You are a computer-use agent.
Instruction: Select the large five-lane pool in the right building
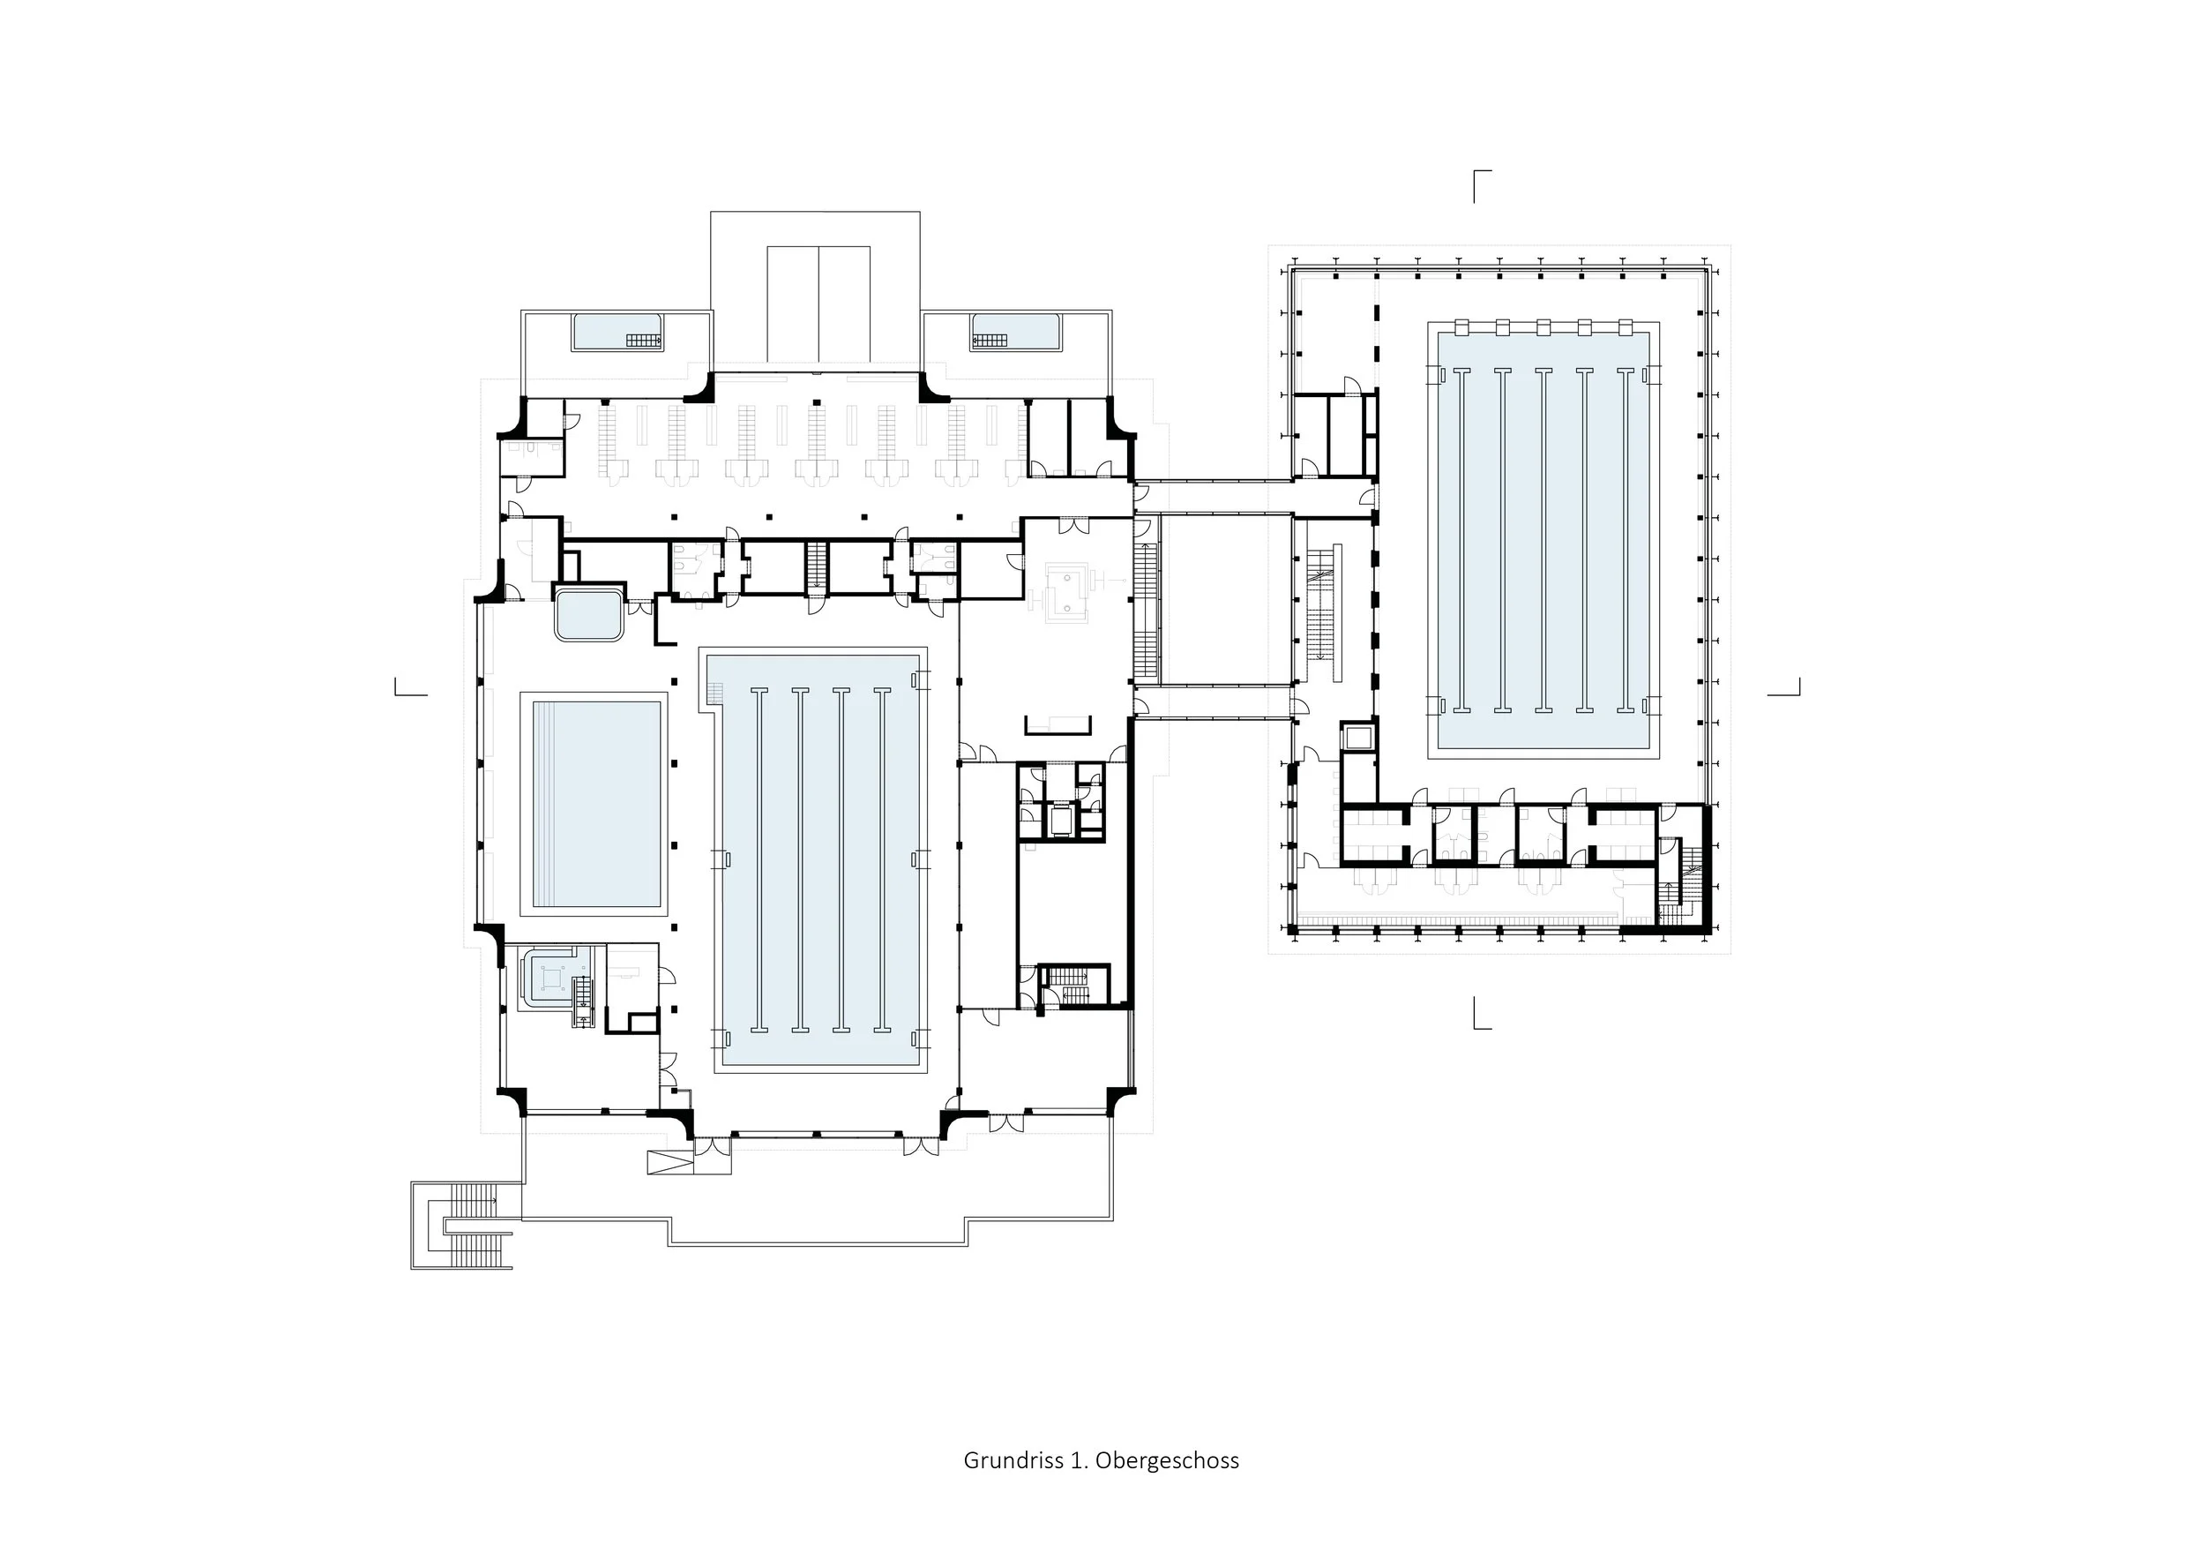click(1543, 541)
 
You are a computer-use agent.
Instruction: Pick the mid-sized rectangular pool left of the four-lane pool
click(594, 804)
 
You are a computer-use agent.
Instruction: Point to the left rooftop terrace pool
click(617, 332)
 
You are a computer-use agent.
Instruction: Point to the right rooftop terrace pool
click(1015, 332)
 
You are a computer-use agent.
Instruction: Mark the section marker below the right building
click(1481, 1014)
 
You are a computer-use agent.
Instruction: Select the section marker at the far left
click(410, 687)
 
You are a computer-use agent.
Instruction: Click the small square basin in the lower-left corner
click(550, 977)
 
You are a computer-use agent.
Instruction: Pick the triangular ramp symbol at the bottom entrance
click(669, 1161)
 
